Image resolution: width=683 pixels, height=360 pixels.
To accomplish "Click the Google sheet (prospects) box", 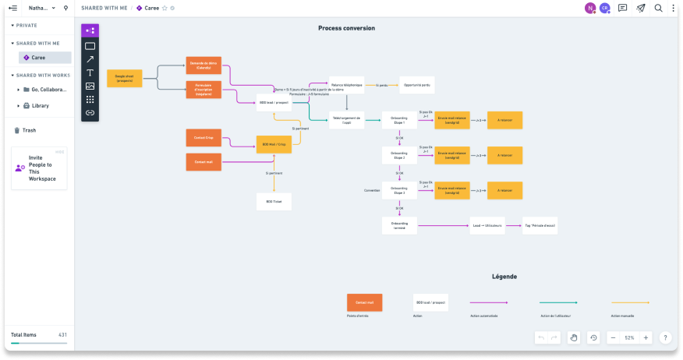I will [124, 79].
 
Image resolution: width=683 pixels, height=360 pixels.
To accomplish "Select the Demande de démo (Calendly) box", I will [203, 65].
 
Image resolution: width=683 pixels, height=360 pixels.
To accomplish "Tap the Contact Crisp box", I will [203, 137].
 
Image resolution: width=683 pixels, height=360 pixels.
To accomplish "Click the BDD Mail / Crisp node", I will [274, 144].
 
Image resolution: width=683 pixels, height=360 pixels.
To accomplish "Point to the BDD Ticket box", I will [274, 201].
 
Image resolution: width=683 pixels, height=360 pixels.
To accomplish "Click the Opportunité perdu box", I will [417, 85].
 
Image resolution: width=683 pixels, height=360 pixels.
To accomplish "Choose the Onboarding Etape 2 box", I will [398, 155].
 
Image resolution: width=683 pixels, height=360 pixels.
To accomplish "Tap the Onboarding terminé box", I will [398, 225].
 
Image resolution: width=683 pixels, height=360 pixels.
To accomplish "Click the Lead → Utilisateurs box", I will [487, 225].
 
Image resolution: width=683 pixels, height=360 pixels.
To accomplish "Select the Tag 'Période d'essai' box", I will [540, 225].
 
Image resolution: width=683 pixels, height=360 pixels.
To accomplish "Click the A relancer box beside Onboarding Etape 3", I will [504, 190].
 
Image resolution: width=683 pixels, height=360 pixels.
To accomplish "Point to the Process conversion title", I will [346, 28].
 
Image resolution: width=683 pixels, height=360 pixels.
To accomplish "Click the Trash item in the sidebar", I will [29, 130].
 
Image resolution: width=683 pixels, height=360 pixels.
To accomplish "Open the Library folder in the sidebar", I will [41, 105].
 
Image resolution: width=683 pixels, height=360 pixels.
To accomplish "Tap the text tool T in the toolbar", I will [90, 72].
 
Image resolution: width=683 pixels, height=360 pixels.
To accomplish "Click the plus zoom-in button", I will [646, 337].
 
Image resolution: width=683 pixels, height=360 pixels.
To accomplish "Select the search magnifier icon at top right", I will [659, 8].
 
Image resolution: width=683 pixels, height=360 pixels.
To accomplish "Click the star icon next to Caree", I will [165, 8].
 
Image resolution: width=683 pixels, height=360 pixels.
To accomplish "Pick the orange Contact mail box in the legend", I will [364, 302].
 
